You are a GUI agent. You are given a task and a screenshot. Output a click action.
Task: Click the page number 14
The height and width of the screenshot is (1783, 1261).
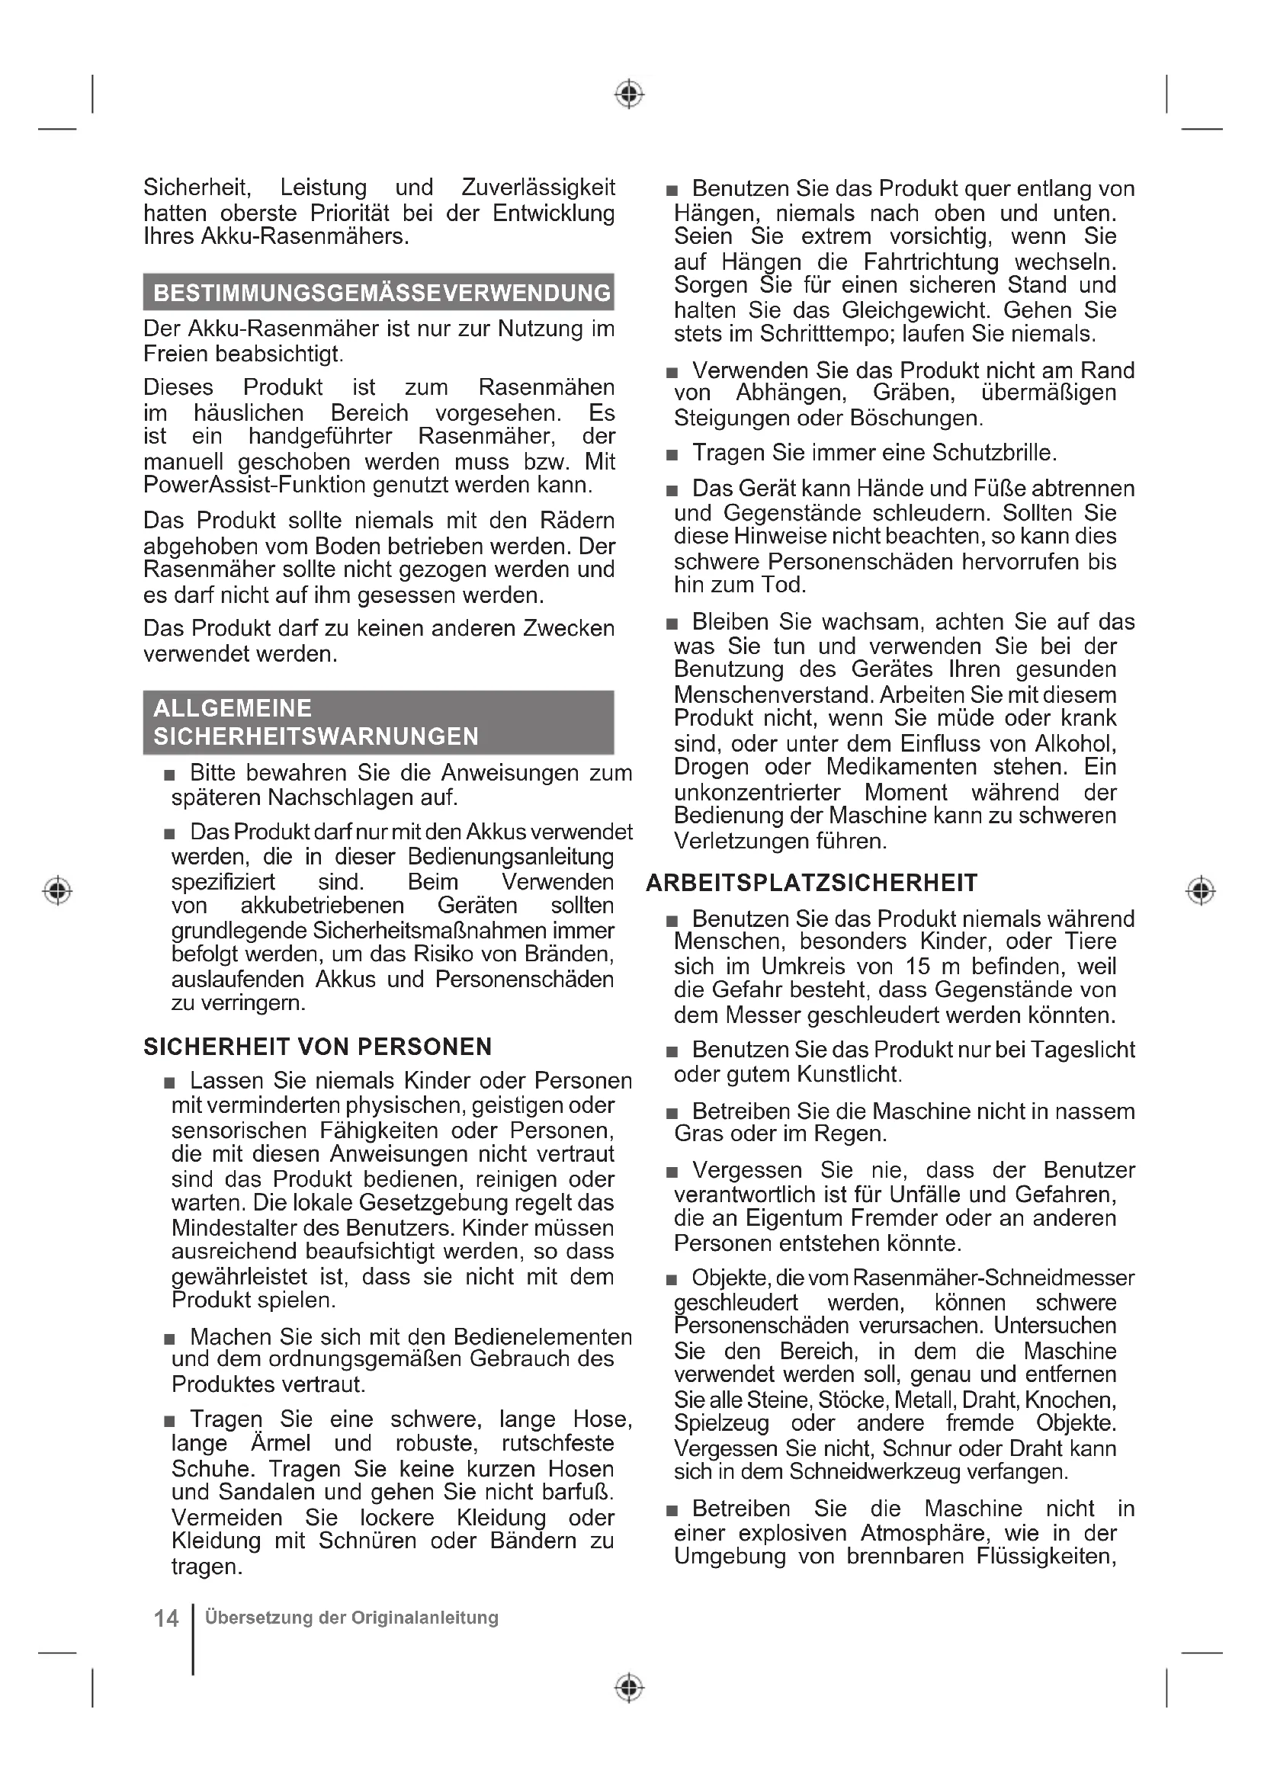[166, 1618]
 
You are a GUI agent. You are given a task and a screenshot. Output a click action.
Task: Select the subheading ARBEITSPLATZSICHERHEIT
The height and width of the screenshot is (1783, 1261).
[811, 883]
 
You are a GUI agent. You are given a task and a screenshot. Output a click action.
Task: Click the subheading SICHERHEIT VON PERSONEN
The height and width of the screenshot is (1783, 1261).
[318, 1047]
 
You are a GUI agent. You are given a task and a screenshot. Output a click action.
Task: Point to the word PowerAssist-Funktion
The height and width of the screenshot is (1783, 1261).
[254, 486]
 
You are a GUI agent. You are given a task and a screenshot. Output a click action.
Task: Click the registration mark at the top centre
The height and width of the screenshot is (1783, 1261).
[629, 94]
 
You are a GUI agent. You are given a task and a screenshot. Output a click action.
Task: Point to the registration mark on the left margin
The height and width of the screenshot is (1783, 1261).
[57, 890]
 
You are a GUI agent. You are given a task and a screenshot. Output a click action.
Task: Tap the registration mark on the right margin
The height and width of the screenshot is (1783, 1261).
[1201, 890]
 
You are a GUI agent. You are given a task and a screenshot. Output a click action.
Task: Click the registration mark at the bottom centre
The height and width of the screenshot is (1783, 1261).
[629, 1688]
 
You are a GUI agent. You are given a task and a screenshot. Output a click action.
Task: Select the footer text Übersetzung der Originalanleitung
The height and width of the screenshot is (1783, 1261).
[351, 1618]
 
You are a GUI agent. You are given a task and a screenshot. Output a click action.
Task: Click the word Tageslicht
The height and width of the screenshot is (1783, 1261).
[1083, 1050]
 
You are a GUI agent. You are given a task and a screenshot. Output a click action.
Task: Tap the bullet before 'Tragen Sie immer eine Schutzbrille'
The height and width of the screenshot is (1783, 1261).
[672, 454]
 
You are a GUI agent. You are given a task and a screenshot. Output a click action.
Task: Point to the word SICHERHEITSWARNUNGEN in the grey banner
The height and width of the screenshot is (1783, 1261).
[316, 736]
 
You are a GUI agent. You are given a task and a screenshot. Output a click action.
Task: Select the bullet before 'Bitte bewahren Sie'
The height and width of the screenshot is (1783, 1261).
[169, 775]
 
